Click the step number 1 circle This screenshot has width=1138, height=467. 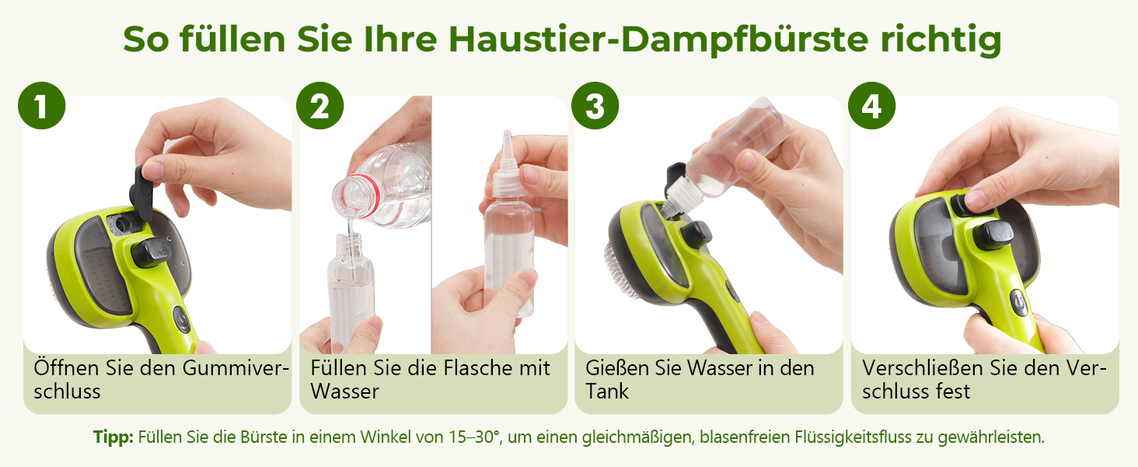point(42,105)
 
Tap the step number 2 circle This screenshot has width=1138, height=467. point(320,105)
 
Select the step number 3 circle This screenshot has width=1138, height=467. point(595,105)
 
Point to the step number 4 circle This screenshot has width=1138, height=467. point(872,105)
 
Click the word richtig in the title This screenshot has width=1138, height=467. point(941,40)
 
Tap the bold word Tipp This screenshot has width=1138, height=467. point(113,437)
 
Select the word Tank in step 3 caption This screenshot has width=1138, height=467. point(607,392)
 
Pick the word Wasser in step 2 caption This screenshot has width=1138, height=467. point(345,392)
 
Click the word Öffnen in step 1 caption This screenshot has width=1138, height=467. point(67,367)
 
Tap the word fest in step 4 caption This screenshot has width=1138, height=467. point(953,392)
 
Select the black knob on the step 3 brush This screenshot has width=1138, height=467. point(696,234)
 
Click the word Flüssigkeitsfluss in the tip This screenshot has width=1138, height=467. point(853,437)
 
